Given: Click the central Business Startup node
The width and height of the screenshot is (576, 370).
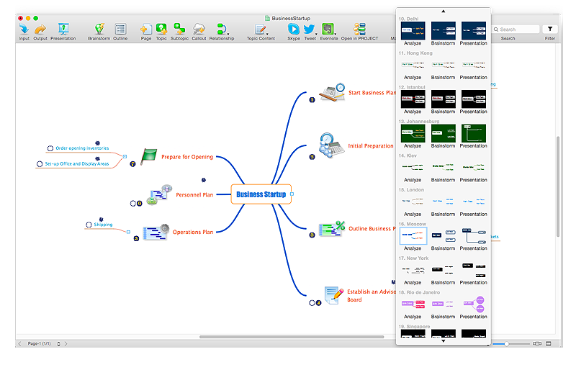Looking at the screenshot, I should pos(261,194).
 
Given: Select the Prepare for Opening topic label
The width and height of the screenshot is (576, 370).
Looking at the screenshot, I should pos(187,157).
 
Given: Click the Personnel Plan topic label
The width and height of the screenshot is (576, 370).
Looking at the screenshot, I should pos(194,194).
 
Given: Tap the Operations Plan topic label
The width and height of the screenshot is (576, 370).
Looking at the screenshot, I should pos(192,232).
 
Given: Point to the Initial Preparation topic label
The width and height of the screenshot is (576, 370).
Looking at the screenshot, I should pos(371,146).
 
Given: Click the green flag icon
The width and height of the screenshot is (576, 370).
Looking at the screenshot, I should pos(149,155).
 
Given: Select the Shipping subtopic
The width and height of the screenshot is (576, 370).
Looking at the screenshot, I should pos(103,225).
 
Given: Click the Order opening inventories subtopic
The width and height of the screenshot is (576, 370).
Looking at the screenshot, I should pos(82,148).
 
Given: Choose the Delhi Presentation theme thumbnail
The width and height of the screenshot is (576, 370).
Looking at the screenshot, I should pos(473,30).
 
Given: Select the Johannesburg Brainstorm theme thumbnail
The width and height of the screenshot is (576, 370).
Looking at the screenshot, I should pos(443,133).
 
